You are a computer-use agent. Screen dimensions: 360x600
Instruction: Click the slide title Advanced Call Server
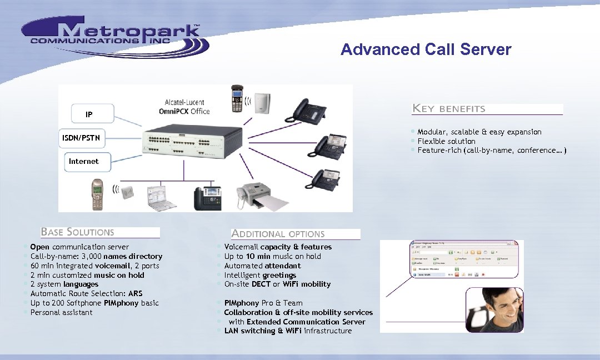(x=426, y=49)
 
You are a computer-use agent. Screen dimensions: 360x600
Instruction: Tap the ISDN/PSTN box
(x=81, y=138)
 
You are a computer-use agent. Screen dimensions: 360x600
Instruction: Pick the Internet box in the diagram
(x=83, y=161)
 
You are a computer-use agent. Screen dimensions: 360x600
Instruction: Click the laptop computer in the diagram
(x=161, y=197)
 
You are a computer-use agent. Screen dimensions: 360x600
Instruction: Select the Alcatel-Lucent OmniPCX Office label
(x=184, y=107)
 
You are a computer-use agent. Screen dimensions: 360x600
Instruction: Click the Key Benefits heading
(x=449, y=109)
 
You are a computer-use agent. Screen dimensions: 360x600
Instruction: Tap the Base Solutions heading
(x=77, y=232)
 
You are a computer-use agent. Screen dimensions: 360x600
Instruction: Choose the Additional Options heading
(x=278, y=234)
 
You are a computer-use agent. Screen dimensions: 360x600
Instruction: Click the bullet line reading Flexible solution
(x=446, y=141)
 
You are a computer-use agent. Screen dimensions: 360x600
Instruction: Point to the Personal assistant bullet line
(x=61, y=312)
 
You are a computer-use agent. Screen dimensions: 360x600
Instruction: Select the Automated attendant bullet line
(x=262, y=266)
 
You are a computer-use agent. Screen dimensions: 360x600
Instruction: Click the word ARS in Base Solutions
(x=135, y=293)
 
